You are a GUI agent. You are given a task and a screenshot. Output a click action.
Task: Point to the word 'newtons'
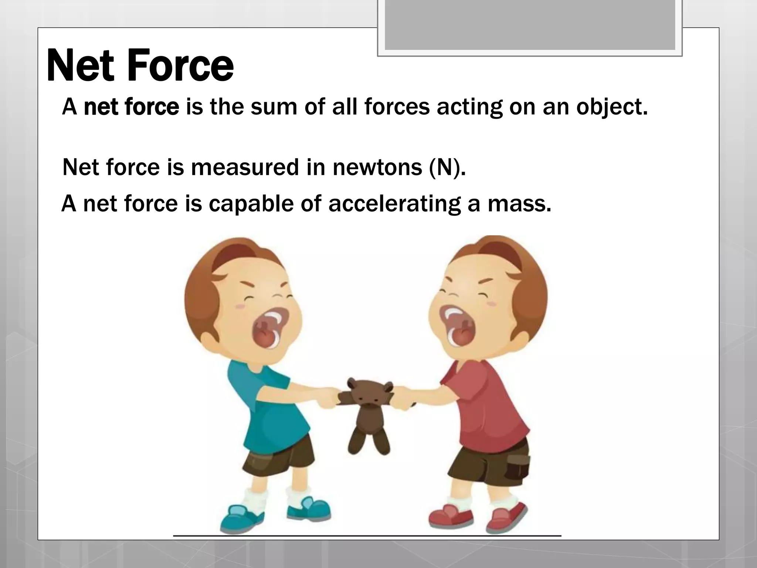377,167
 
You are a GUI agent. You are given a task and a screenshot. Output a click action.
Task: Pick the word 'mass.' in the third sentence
519,203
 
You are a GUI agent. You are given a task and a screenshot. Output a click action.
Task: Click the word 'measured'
244,167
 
